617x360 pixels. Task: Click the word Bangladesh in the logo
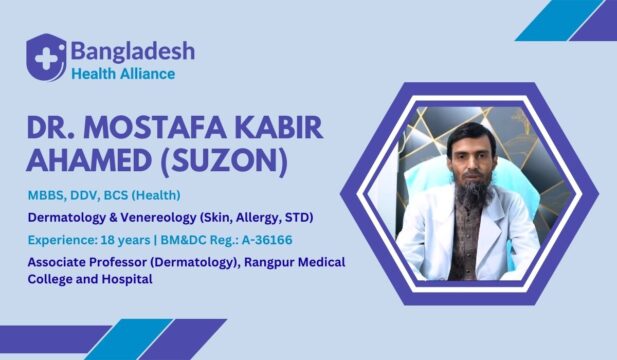[x=132, y=50]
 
